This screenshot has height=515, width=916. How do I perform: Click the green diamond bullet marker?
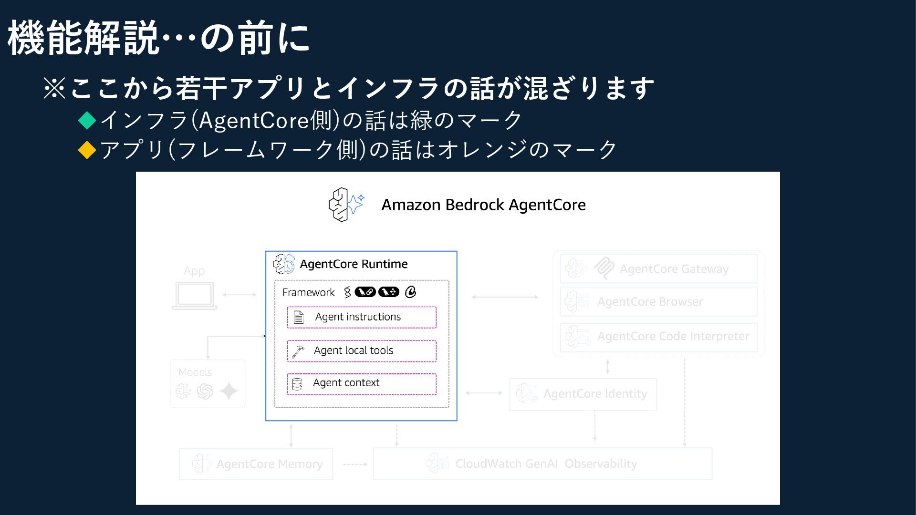pyautogui.click(x=87, y=120)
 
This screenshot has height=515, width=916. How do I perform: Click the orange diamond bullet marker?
pyautogui.click(x=87, y=150)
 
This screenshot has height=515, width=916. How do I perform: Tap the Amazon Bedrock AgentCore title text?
pyautogui.click(x=483, y=205)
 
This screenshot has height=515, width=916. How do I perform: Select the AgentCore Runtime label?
pyautogui.click(x=354, y=264)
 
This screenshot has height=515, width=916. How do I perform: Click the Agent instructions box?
pyautogui.click(x=362, y=317)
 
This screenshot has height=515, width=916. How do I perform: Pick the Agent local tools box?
pyautogui.click(x=362, y=351)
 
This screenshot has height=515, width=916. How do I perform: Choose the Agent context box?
pyautogui.click(x=362, y=384)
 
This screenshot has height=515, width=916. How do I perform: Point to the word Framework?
pyautogui.click(x=308, y=292)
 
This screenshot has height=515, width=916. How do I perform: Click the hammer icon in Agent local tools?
pyautogui.click(x=298, y=351)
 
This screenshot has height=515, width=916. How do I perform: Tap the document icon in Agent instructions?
pyautogui.click(x=299, y=317)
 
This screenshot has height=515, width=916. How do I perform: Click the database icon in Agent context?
pyautogui.click(x=297, y=384)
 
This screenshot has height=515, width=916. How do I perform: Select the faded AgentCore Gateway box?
pyautogui.click(x=658, y=269)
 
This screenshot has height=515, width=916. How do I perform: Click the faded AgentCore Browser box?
pyautogui.click(x=658, y=302)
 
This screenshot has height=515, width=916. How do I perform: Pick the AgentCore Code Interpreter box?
pyautogui.click(x=658, y=336)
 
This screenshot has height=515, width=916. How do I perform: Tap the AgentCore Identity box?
pyautogui.click(x=583, y=394)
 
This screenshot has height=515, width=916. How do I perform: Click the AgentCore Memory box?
pyautogui.click(x=256, y=464)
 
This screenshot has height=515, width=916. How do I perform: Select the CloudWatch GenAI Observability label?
pyautogui.click(x=546, y=464)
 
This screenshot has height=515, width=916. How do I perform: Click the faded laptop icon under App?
pyautogui.click(x=194, y=296)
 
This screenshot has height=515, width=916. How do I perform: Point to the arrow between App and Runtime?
pyautogui.click(x=239, y=295)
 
